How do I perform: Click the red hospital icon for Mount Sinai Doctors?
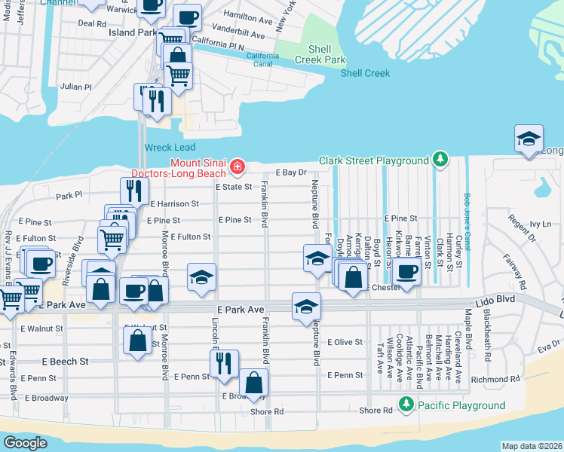click(238, 166)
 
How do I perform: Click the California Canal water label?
click(262, 60)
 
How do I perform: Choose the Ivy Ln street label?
click(540, 224)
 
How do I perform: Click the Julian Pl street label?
click(76, 87)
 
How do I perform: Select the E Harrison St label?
click(174, 203)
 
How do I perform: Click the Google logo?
click(26, 442)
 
